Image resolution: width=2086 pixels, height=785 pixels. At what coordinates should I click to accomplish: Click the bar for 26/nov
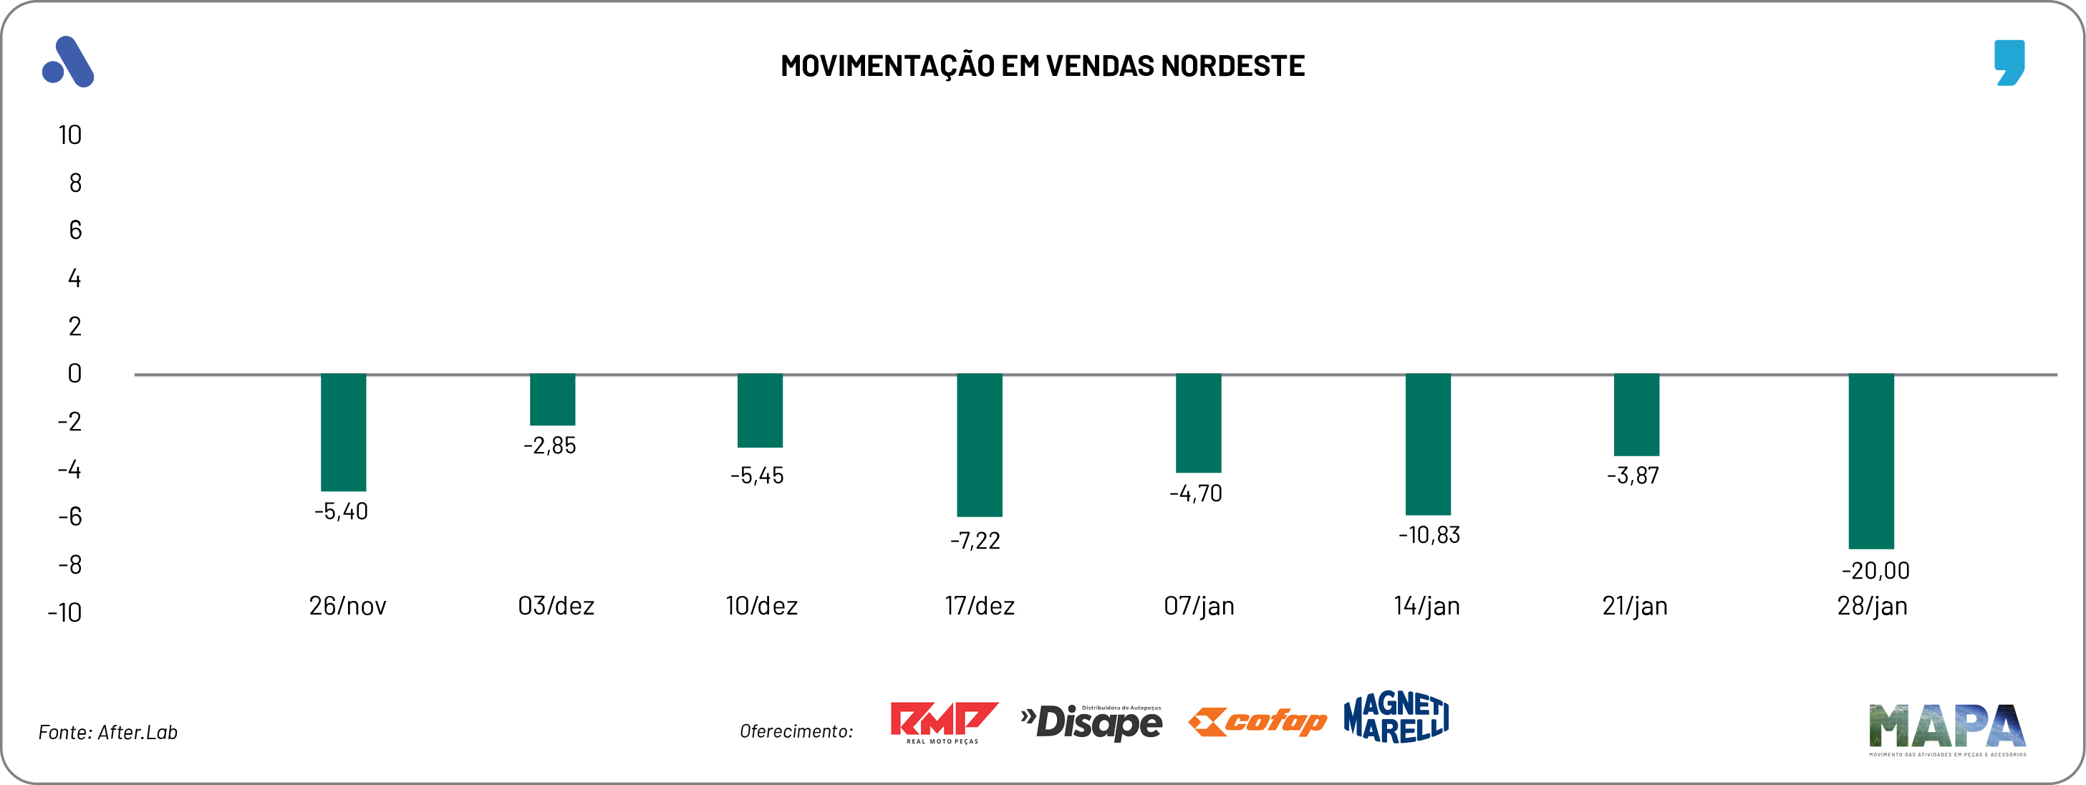pyautogui.click(x=343, y=432)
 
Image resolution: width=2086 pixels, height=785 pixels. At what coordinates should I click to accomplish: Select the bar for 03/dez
pyautogui.click(x=552, y=400)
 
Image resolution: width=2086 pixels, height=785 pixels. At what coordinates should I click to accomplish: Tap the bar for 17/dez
pyautogui.click(x=979, y=445)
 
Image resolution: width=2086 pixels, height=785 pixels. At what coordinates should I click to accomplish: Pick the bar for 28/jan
pyautogui.click(x=1870, y=461)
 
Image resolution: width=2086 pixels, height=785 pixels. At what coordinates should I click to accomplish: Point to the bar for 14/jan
pyautogui.click(x=1428, y=444)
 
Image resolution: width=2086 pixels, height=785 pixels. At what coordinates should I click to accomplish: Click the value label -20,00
pyautogui.click(x=1875, y=570)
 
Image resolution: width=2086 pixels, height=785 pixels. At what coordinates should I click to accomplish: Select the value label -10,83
pyautogui.click(x=1429, y=535)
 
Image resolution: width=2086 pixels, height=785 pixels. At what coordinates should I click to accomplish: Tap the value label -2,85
pyautogui.click(x=550, y=446)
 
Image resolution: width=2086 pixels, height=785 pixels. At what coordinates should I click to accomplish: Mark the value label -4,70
pyautogui.click(x=1196, y=493)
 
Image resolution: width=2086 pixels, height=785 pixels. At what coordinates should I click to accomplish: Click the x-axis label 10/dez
pyautogui.click(x=761, y=606)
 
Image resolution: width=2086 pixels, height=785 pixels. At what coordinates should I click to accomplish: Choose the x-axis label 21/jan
pyautogui.click(x=1635, y=606)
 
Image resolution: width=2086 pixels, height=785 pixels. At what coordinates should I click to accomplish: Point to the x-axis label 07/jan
pyautogui.click(x=1199, y=606)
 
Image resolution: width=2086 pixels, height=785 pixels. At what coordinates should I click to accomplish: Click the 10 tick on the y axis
pyautogui.click(x=69, y=135)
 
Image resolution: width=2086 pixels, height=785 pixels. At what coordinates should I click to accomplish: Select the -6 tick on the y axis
pyautogui.click(x=69, y=517)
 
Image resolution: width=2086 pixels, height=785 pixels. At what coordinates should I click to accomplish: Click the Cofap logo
pyautogui.click(x=1257, y=721)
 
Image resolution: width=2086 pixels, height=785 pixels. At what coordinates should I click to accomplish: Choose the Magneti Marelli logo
pyautogui.click(x=1396, y=717)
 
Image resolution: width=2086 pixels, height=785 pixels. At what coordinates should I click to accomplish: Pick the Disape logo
pyautogui.click(x=1091, y=722)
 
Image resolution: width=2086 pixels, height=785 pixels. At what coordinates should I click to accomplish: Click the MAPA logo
pyautogui.click(x=1948, y=728)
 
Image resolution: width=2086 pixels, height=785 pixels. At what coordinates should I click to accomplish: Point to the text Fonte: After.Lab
pyautogui.click(x=107, y=732)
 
